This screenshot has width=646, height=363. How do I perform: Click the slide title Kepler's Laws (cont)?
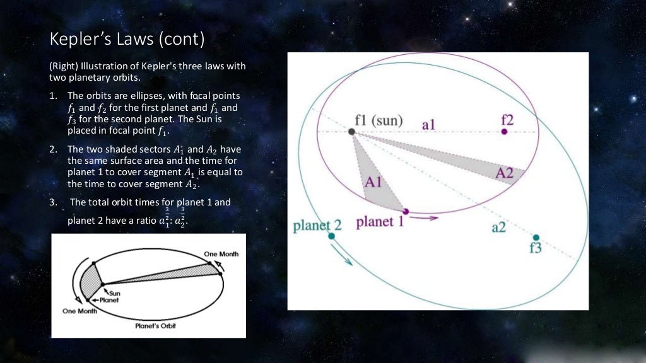(127, 40)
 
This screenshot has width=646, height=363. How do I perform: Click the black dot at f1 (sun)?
(351, 132)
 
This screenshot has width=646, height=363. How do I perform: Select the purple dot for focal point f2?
(504, 132)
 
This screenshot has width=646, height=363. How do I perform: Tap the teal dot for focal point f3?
(536, 238)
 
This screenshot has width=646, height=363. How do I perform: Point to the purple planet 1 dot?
(405, 211)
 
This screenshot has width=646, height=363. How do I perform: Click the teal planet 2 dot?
(331, 236)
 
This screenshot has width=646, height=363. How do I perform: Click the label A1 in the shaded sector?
(374, 183)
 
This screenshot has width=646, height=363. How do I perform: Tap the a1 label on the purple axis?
(429, 125)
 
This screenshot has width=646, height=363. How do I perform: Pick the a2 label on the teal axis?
(498, 228)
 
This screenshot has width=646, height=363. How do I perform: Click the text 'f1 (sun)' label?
(379, 120)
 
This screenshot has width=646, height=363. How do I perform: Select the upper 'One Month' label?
(221, 254)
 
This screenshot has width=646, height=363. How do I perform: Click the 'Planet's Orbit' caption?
(155, 326)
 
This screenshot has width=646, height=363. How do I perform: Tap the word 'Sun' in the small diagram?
(115, 292)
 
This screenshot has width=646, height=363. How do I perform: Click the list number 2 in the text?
(54, 149)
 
